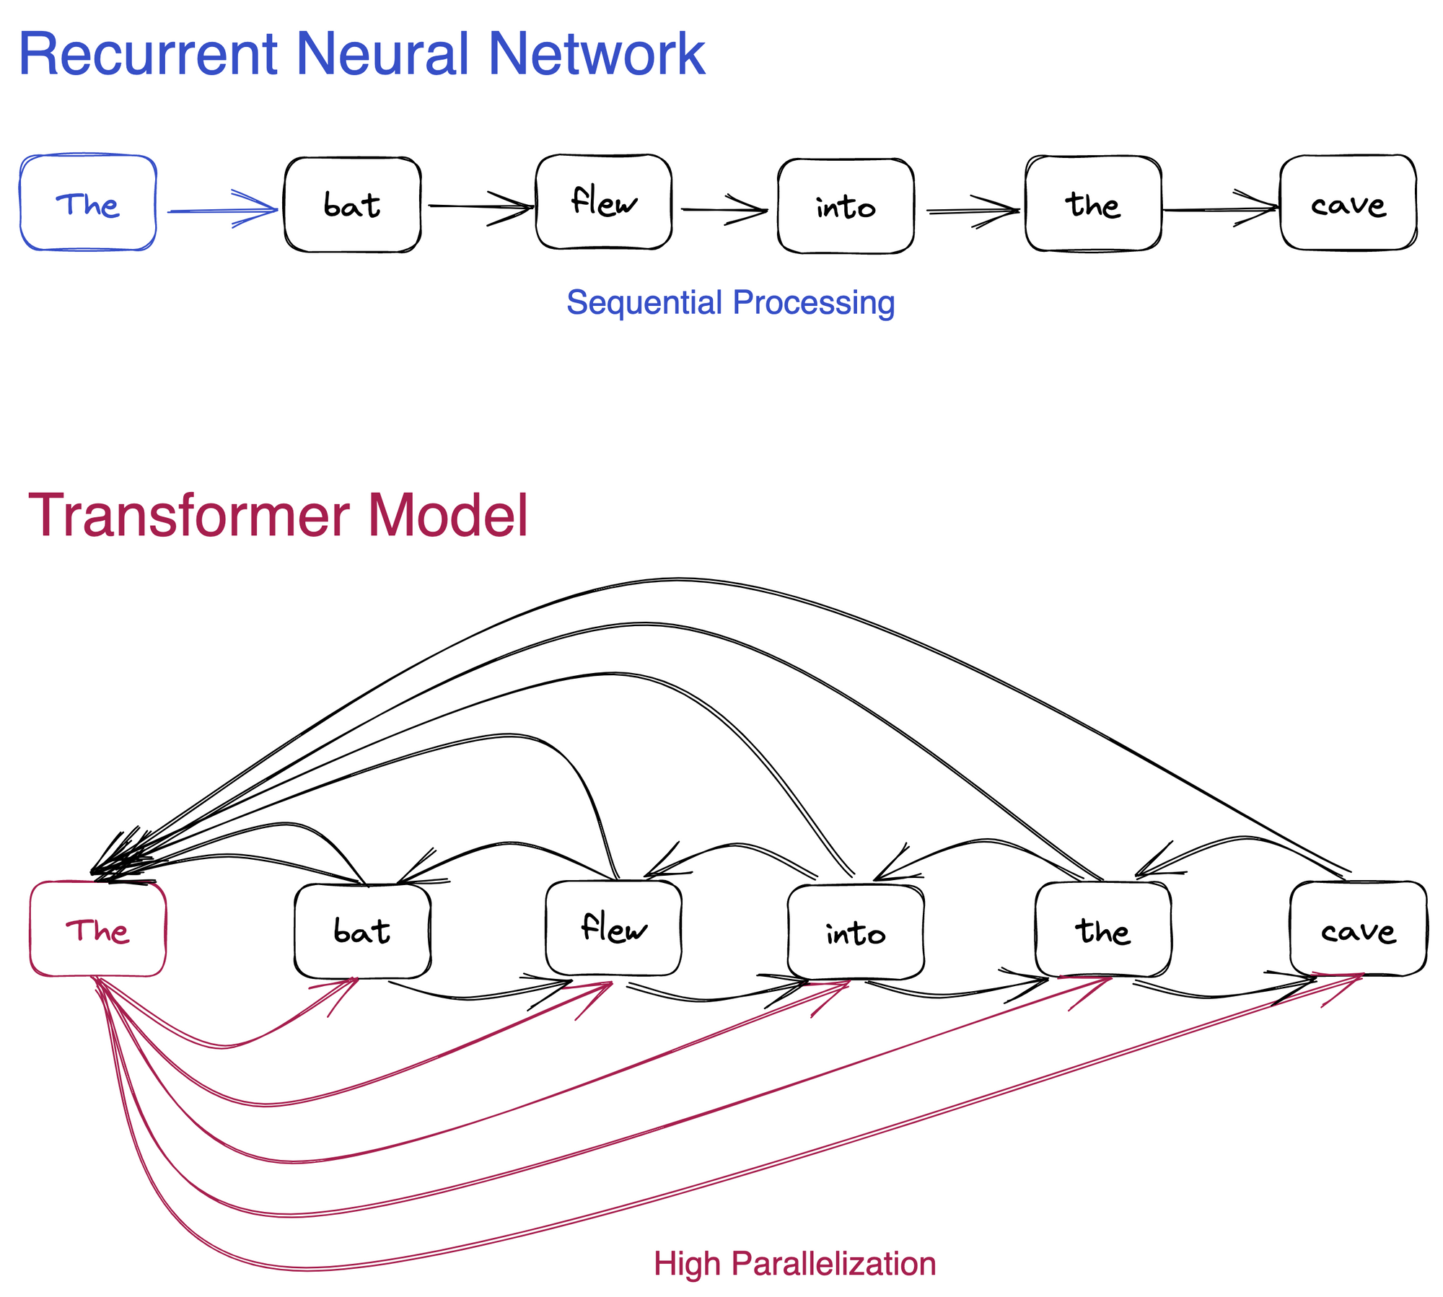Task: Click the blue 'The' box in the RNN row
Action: pyautogui.click(x=88, y=203)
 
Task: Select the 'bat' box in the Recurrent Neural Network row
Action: pyautogui.click(x=352, y=205)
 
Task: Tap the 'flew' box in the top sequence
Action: pyautogui.click(x=604, y=202)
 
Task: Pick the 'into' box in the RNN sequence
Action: pyautogui.click(x=846, y=206)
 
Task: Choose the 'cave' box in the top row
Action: pyautogui.click(x=1348, y=203)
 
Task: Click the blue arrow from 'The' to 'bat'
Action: pyautogui.click(x=220, y=211)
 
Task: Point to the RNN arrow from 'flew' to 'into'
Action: pyautogui.click(x=723, y=210)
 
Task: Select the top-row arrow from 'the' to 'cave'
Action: pyautogui.click(x=1219, y=210)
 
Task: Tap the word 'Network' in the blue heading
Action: pyautogui.click(x=596, y=54)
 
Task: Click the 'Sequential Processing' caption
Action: pyautogui.click(x=730, y=302)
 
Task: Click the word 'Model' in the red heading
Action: pyautogui.click(x=447, y=515)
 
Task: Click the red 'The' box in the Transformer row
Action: pyautogui.click(x=98, y=929)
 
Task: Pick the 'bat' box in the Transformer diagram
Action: pyautogui.click(x=362, y=931)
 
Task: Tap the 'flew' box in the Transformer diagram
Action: pyautogui.click(x=613, y=928)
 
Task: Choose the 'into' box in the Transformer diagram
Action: pyautogui.click(x=856, y=932)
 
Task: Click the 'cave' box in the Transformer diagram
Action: pyautogui.click(x=1358, y=929)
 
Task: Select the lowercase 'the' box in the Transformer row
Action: pyautogui.click(x=1102, y=929)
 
